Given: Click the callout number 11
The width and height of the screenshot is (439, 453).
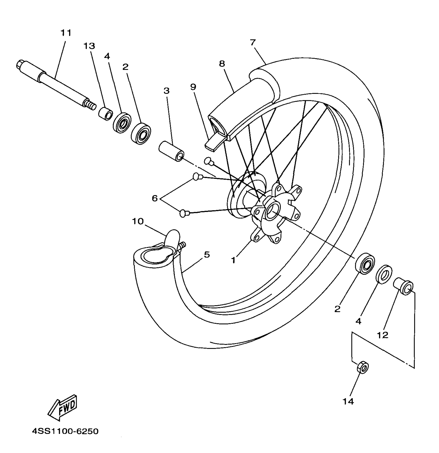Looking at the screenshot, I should click(66, 33).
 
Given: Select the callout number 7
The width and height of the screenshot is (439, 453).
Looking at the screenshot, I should click(253, 43).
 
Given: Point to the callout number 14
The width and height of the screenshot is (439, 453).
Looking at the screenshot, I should click(348, 401).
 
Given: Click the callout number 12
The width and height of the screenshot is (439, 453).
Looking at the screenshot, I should click(382, 335).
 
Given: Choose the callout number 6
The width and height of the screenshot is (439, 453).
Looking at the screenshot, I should click(155, 198).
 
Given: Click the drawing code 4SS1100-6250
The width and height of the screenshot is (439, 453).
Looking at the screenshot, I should click(65, 431).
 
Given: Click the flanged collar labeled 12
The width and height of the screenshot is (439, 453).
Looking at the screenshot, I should click(403, 286).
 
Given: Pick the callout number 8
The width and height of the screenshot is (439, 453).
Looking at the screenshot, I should click(222, 64).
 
